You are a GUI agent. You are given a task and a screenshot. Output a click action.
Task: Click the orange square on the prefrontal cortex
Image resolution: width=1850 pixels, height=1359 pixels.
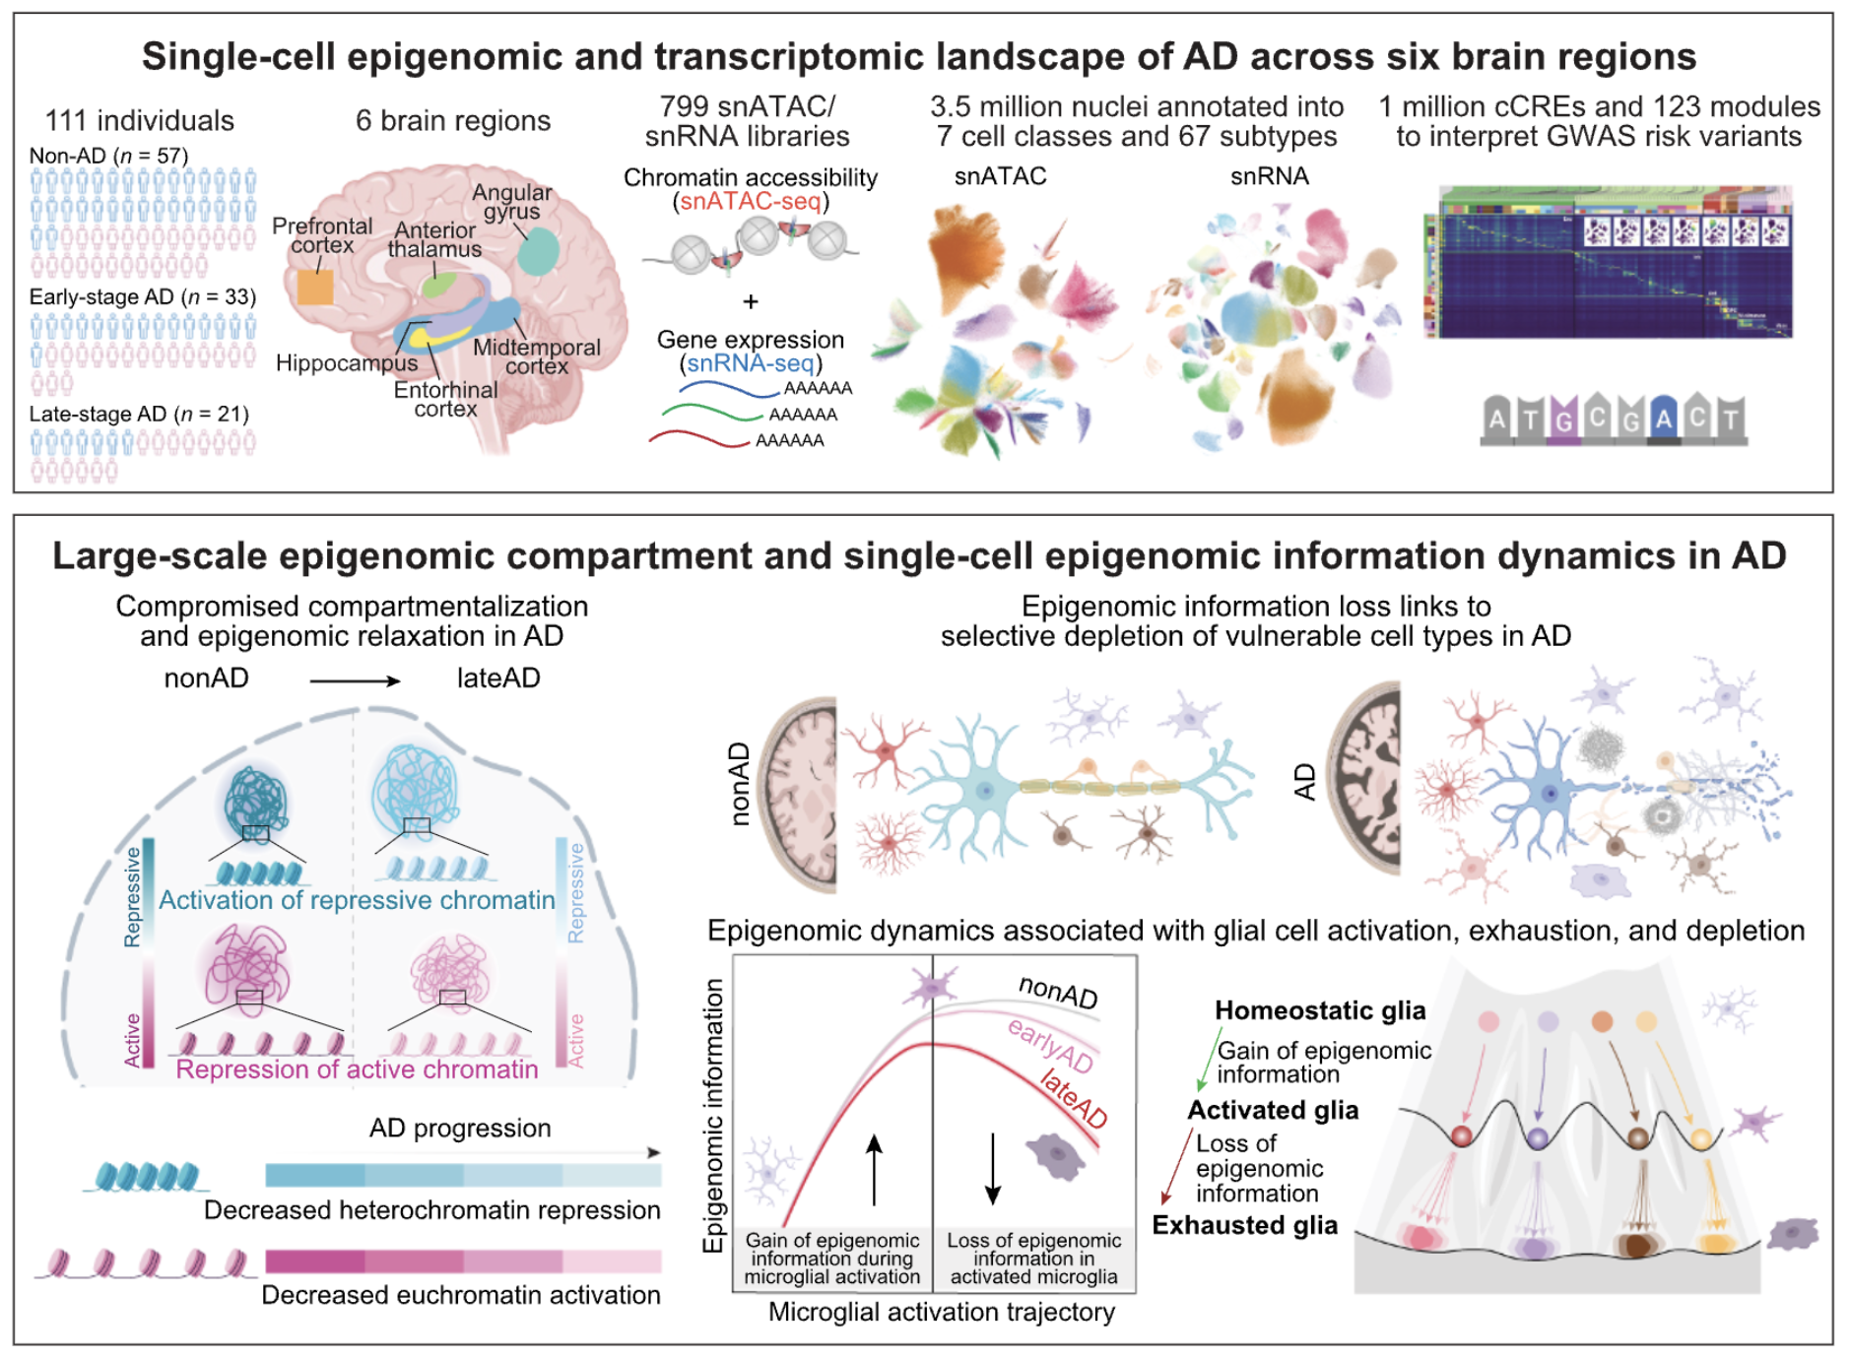pos(315,287)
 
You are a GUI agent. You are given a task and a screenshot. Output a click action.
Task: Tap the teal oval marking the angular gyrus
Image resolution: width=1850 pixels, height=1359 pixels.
pos(538,251)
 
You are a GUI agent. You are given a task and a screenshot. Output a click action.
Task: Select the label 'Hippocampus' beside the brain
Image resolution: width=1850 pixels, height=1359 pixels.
pos(347,363)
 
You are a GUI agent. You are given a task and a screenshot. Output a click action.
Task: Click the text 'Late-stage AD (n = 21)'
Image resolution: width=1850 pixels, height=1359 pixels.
pos(139,414)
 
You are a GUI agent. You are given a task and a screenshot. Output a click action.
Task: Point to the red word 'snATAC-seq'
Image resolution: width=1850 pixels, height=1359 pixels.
pos(751,202)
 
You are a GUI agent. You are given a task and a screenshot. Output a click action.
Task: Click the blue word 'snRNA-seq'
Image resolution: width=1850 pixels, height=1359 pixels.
pos(751,363)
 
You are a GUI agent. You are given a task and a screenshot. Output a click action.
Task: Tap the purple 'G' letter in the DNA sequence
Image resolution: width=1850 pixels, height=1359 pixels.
pos(1563,421)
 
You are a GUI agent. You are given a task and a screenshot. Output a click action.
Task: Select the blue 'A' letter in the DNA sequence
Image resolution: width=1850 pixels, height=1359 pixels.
pos(1664,421)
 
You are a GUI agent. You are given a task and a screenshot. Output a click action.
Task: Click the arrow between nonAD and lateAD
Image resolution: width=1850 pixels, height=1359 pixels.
pos(355,680)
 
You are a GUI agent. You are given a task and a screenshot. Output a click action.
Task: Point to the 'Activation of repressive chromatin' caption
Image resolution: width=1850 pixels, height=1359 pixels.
pos(357,900)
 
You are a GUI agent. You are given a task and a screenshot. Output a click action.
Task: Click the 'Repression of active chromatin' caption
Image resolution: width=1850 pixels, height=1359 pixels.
pos(357,1069)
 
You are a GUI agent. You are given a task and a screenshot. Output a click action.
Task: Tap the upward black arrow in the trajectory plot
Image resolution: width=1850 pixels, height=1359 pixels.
pos(874,1170)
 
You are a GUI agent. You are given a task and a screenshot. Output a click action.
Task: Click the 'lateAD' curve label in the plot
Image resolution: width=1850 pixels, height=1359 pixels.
pos(1074,1098)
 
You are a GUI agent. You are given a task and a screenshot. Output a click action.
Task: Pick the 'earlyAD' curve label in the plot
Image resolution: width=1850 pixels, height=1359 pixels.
pos(1050,1045)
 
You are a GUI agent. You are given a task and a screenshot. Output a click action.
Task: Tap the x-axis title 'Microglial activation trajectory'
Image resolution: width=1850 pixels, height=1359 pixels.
pos(942,1313)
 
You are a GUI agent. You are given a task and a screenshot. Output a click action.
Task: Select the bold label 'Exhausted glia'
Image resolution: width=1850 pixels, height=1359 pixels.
pos(1245,1225)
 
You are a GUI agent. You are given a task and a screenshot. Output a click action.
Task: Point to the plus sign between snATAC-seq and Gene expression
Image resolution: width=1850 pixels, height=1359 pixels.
pos(751,301)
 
